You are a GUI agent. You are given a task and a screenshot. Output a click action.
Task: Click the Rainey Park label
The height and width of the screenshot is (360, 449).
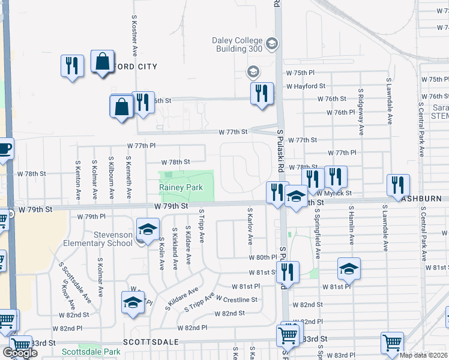181,188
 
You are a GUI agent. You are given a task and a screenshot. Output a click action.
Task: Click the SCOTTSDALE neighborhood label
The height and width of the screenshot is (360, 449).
151,341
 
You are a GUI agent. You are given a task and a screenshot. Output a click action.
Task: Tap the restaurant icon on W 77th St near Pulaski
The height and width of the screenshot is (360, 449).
262,94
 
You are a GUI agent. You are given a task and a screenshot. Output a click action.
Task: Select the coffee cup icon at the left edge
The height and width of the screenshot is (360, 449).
4,148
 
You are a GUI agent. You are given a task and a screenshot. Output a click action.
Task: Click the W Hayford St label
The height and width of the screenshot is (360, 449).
306,86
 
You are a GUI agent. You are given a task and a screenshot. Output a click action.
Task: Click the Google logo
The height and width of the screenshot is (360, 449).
20,353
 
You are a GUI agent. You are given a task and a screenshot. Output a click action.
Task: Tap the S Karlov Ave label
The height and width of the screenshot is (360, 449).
250,226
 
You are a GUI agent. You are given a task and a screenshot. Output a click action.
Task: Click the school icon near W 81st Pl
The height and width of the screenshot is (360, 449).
349,269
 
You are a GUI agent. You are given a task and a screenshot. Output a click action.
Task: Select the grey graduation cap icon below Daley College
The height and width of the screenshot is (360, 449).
253,73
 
